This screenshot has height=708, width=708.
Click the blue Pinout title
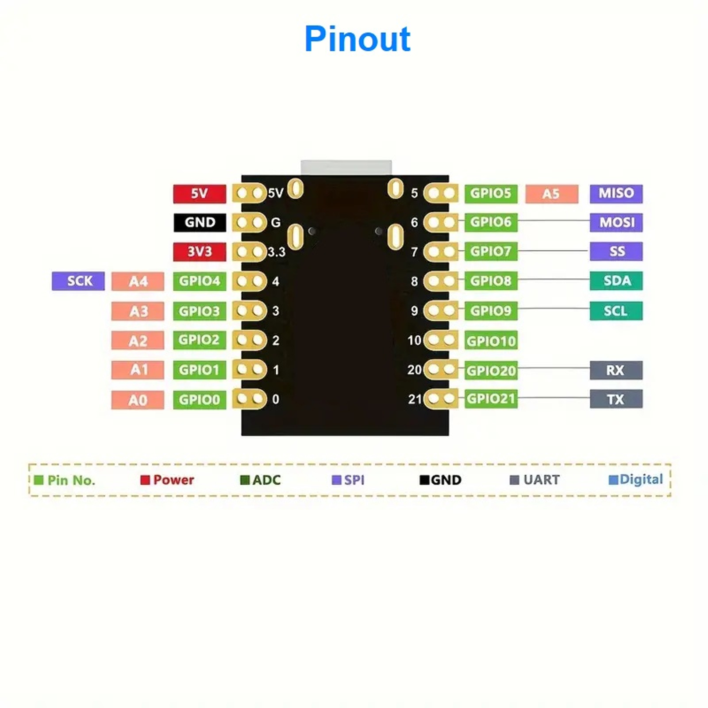click(x=358, y=39)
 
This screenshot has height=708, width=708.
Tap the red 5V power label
click(x=200, y=194)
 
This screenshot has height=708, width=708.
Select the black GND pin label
click(x=200, y=223)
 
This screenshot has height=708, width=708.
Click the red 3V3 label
click(x=200, y=252)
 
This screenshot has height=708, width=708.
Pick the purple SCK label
click(x=78, y=281)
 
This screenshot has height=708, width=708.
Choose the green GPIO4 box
click(x=200, y=281)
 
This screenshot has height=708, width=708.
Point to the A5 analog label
click(x=551, y=194)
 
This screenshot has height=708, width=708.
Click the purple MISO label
click(x=616, y=194)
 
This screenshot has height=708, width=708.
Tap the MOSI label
click(x=616, y=223)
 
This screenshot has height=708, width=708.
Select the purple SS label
click(x=616, y=252)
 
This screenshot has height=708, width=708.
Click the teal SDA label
click(x=616, y=281)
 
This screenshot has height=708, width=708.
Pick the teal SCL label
click(x=616, y=311)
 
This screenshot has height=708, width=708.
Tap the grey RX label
click(x=616, y=370)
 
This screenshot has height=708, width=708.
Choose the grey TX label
click(x=616, y=400)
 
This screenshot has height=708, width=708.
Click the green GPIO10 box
click(x=491, y=341)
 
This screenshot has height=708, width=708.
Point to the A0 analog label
click(x=138, y=400)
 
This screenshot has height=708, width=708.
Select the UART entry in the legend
click(x=535, y=480)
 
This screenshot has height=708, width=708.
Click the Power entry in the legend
click(x=168, y=480)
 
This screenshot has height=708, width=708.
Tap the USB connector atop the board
click(x=346, y=167)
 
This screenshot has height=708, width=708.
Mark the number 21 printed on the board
click(x=415, y=400)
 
